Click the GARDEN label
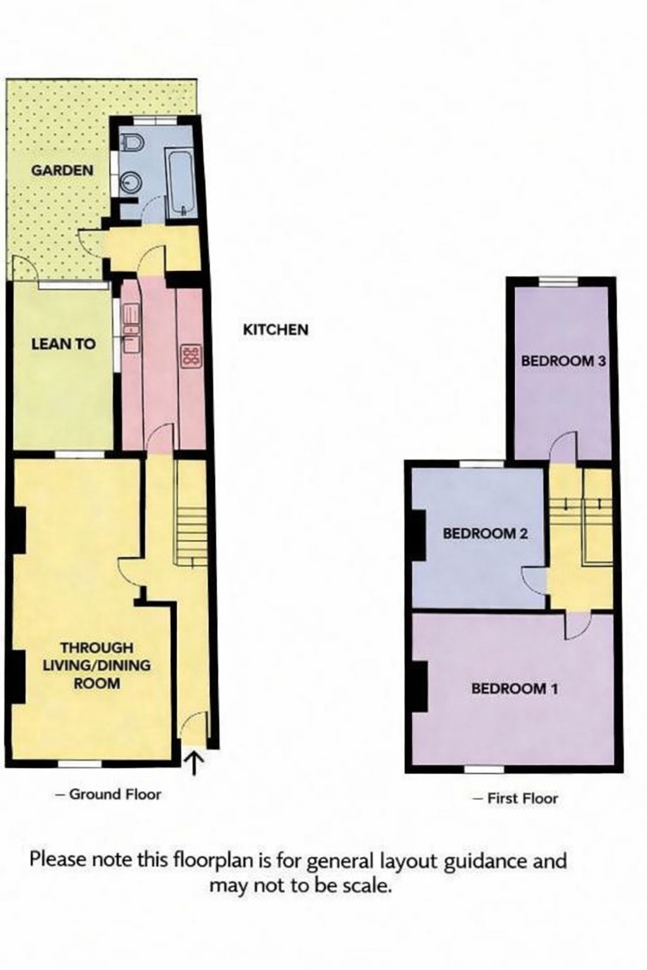tap(62, 170)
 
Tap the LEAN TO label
tap(63, 344)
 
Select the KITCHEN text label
tap(275, 330)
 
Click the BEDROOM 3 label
tap(563, 361)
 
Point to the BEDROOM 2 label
tap(485, 534)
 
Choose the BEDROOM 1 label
tap(514, 688)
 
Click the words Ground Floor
tap(115, 794)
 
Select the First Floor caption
tap(523, 799)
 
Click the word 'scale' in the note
tap(366, 885)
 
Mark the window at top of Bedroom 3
tap(558, 282)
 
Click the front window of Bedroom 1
tap(485, 769)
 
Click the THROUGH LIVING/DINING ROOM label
tap(97, 666)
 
